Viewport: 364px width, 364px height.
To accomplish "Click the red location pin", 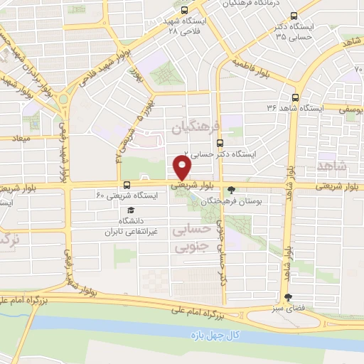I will pyautogui.click(x=182, y=168).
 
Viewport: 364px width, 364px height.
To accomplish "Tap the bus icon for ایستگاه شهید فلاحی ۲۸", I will pyautogui.click(x=184, y=11).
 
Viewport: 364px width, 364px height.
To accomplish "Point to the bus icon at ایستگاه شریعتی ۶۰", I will pyautogui.click(x=127, y=185).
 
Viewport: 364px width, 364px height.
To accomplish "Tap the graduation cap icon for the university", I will pyautogui.click(x=129, y=211).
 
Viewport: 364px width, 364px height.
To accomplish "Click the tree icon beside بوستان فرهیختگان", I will pyautogui.click(x=230, y=190).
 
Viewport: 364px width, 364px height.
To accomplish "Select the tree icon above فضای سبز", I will pyautogui.click(x=287, y=298).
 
